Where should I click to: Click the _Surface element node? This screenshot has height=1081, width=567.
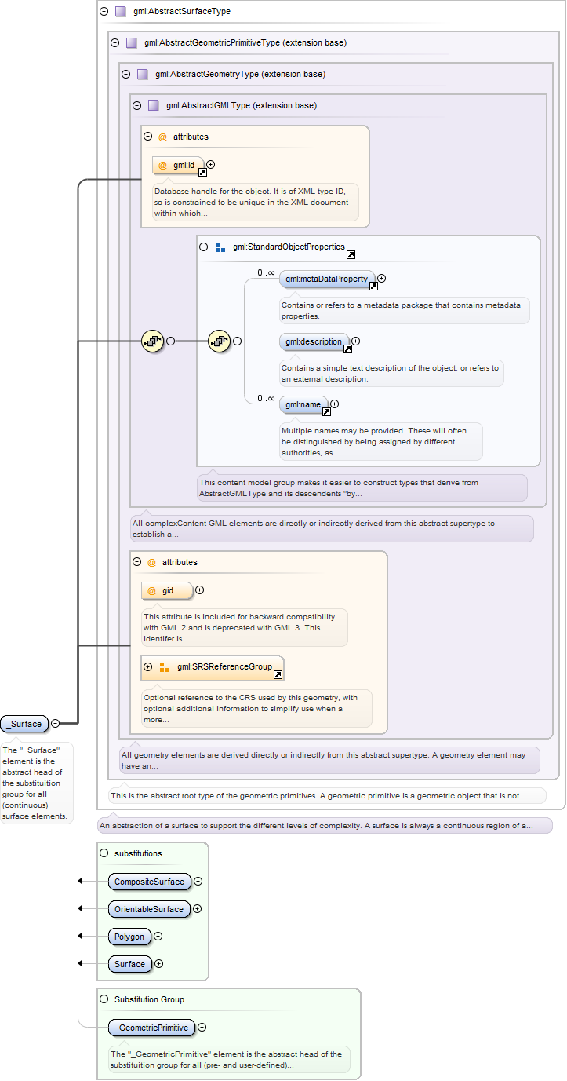[x=24, y=724]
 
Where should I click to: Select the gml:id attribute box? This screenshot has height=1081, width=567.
[x=178, y=166]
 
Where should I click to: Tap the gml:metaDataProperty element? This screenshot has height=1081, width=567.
[x=327, y=279]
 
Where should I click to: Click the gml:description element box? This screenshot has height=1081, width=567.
[x=314, y=341]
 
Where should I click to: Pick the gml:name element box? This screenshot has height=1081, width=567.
[x=303, y=404]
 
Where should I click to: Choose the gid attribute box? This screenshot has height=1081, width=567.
[x=167, y=590]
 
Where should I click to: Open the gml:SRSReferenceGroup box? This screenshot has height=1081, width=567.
[x=213, y=667]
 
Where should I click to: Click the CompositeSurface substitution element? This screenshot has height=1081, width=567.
[x=150, y=882]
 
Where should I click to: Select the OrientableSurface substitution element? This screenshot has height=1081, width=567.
[x=149, y=909]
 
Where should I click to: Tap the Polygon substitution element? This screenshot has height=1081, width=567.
[x=129, y=937]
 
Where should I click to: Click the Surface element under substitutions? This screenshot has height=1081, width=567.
[x=129, y=964]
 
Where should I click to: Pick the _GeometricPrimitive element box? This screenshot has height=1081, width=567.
[x=151, y=1028]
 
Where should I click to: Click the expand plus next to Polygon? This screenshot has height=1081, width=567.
[x=158, y=937]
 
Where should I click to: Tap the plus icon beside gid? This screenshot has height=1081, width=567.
[x=200, y=590]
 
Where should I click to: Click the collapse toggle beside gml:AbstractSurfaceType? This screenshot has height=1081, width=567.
[x=104, y=11]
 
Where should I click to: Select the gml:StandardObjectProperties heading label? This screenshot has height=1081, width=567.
[x=289, y=247]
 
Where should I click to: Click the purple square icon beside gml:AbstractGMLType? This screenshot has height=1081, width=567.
[x=154, y=106]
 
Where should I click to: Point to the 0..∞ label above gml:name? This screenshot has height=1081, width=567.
[x=266, y=398]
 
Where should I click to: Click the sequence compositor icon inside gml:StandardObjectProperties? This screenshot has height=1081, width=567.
[x=220, y=341]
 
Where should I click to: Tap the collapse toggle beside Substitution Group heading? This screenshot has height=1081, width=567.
[x=104, y=999]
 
